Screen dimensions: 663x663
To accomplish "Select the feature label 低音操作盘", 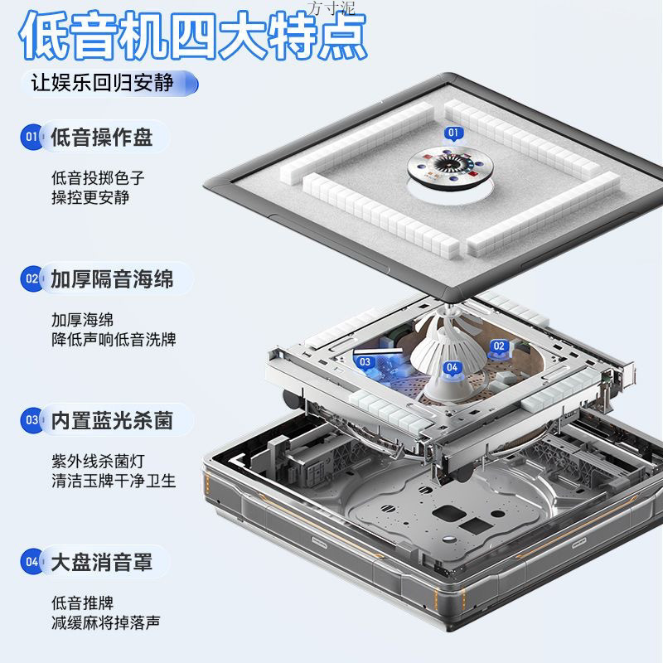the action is coord(101,137).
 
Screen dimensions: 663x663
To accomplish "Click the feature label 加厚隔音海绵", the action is coord(112,279).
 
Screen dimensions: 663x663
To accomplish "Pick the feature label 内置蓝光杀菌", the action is coord(112,421).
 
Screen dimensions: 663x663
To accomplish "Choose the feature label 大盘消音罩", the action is coord(101,563).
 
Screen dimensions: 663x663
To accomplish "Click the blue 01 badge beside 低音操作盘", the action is coord(31,137).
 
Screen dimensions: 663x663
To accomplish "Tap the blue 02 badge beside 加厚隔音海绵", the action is coord(31,279).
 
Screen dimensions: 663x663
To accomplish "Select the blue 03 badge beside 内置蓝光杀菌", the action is coord(31,421).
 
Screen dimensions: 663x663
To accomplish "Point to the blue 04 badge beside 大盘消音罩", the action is coord(31,563).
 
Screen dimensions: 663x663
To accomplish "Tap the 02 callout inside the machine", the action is coord(499,346).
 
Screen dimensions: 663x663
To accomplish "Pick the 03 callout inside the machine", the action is coord(365,362).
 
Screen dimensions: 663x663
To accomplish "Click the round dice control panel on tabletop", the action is coord(448,166).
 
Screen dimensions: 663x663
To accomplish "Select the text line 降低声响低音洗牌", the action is coord(114,340).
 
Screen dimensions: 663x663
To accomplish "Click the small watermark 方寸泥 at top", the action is coord(330,7).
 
